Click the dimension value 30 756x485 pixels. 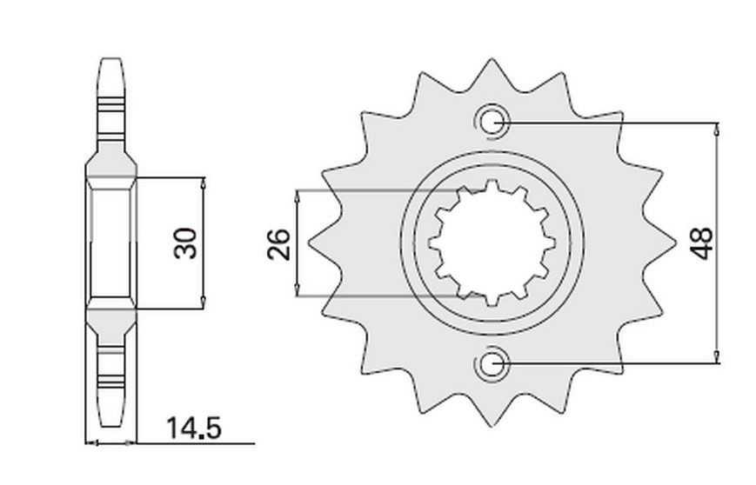[185, 243]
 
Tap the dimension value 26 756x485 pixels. [279, 244]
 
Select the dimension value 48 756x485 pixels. [701, 243]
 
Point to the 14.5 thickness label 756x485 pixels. [194, 429]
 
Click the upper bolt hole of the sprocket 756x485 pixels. [492, 123]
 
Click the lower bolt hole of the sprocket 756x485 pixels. [492, 363]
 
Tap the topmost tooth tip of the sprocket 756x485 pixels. [492, 60]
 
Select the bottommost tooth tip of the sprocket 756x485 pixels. [492, 426]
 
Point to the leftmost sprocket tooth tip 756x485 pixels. [309, 242]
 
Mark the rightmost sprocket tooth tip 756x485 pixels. [673, 242]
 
